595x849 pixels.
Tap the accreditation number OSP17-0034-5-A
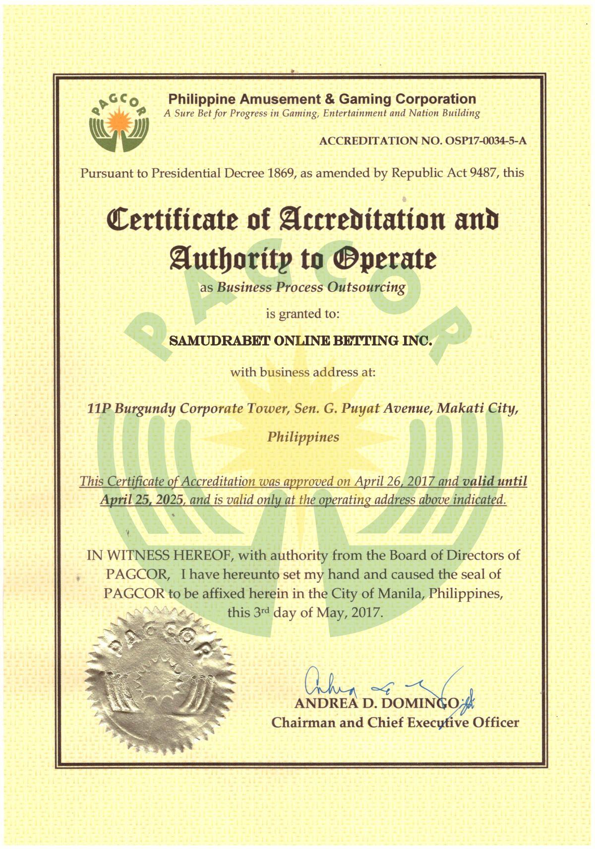coord(486,141)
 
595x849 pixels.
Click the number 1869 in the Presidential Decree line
coord(281,173)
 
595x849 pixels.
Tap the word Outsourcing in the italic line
coord(366,287)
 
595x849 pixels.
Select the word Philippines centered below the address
coord(303,437)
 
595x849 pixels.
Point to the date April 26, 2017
coord(395,481)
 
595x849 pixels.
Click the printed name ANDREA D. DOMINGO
coord(377,703)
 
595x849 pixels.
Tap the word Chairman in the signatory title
coord(303,722)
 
